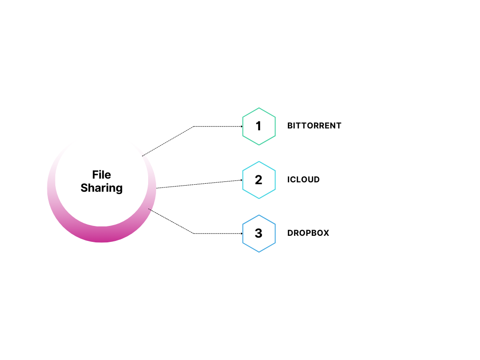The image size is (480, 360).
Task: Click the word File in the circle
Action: tap(102, 175)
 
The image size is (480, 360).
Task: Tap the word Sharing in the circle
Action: tap(102, 188)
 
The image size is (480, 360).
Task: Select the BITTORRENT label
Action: tap(314, 126)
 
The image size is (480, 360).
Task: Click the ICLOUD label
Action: tap(303, 180)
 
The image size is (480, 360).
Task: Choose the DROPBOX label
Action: tap(308, 233)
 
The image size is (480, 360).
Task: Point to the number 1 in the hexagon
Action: tap(259, 126)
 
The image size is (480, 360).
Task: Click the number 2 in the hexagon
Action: tap(259, 180)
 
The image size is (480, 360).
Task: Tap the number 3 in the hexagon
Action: tap(259, 233)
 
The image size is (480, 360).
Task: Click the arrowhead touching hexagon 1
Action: tap(241, 127)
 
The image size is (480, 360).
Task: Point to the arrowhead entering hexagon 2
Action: tap(241, 180)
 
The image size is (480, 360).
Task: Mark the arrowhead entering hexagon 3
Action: tap(241, 233)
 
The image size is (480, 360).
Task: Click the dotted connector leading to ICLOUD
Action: tap(199, 184)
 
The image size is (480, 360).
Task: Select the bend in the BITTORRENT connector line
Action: tap(194, 127)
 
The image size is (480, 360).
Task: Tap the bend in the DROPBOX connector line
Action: tap(194, 233)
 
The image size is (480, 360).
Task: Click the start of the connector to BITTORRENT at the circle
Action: tap(142, 156)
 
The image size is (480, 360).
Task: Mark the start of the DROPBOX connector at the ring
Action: tap(149, 209)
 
